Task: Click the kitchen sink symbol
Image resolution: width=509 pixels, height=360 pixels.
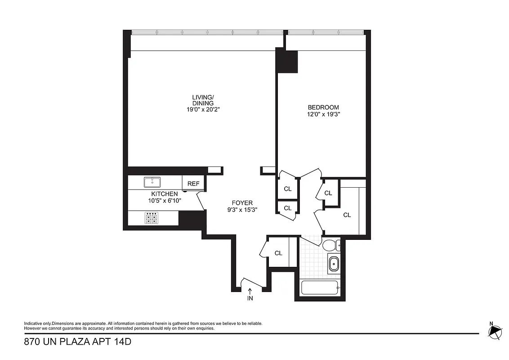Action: (152, 182)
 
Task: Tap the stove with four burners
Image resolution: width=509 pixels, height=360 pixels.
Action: (152, 218)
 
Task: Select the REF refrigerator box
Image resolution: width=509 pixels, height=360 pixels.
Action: (193, 184)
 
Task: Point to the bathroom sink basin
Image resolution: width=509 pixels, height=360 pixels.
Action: (334, 264)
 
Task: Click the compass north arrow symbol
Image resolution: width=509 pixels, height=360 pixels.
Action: (496, 332)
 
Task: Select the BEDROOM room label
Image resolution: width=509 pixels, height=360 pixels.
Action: (323, 107)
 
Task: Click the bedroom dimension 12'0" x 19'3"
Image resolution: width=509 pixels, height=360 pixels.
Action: (323, 114)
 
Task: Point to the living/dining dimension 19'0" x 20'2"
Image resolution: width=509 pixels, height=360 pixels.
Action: (203, 109)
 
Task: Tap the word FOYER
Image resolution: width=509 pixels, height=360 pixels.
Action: (242, 203)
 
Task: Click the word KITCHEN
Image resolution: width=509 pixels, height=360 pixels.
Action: (165, 194)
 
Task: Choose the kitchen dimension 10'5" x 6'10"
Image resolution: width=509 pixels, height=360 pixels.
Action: (165, 201)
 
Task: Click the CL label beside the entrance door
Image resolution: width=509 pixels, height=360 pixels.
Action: (278, 253)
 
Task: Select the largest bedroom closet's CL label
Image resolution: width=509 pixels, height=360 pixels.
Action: (347, 215)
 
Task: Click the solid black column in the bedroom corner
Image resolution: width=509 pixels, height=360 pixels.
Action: (287, 61)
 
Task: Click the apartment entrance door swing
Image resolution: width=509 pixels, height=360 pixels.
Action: (252, 283)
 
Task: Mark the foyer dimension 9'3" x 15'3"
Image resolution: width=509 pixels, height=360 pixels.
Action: (242, 210)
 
